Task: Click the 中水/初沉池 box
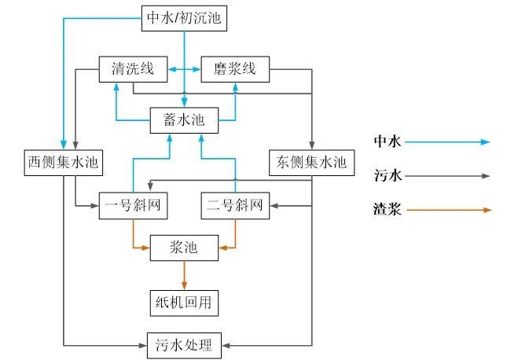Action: [x=185, y=18]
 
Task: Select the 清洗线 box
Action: [x=133, y=69]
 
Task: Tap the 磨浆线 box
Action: [x=236, y=69]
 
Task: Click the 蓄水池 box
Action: [x=184, y=120]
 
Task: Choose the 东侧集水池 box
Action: [x=311, y=163]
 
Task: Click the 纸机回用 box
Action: [x=184, y=300]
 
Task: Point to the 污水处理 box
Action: [x=184, y=343]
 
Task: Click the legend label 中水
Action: [x=388, y=142]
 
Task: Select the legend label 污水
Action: [x=388, y=176]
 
